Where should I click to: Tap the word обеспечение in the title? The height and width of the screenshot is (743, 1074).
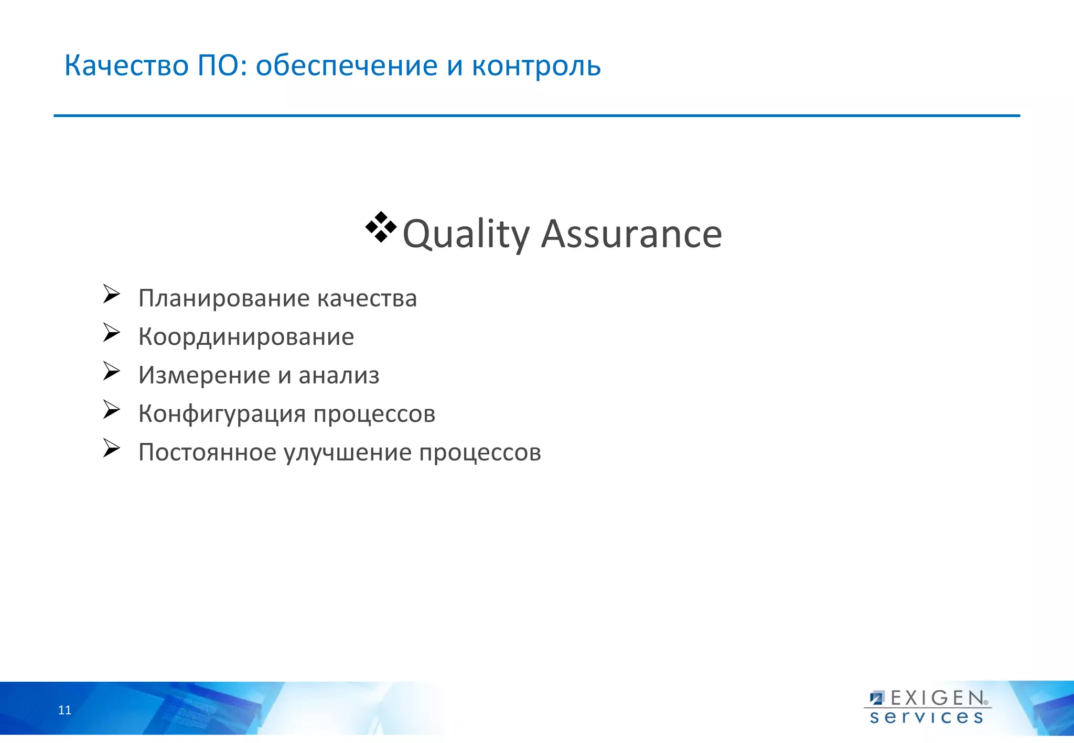click(x=347, y=66)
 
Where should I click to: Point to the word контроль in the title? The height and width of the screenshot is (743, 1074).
click(x=536, y=66)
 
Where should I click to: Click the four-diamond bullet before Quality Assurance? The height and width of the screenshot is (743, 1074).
click(x=381, y=227)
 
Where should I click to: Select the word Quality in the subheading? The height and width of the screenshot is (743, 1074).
click(x=466, y=234)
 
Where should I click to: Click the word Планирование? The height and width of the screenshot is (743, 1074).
click(x=224, y=299)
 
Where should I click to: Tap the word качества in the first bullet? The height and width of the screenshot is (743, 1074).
click(x=367, y=299)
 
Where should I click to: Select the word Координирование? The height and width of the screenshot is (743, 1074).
click(x=246, y=337)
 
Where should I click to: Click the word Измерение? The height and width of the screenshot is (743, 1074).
click(x=204, y=375)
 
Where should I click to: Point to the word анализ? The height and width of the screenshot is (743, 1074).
click(x=339, y=375)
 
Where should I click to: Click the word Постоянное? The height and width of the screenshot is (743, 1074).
click(x=207, y=452)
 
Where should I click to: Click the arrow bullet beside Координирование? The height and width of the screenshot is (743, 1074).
click(x=111, y=333)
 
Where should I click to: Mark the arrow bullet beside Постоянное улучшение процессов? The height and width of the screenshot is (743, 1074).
click(x=111, y=448)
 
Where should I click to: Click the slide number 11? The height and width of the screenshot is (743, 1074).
click(x=65, y=710)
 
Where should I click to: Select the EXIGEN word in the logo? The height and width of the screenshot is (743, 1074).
click(x=937, y=698)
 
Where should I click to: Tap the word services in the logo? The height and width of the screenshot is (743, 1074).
click(x=926, y=717)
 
